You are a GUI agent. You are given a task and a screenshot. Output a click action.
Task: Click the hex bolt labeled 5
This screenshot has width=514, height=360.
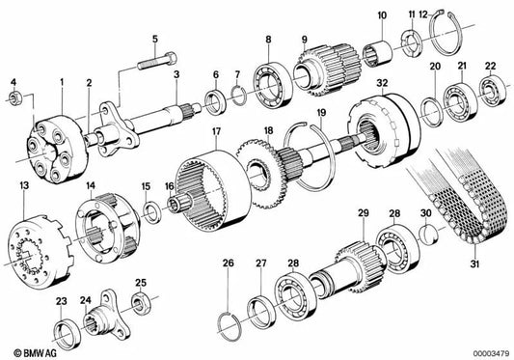[x=157, y=61]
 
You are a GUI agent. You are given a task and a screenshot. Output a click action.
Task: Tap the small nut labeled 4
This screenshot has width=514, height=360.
[x=14, y=97]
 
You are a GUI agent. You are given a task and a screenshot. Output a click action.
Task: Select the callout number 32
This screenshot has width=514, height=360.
[x=382, y=83]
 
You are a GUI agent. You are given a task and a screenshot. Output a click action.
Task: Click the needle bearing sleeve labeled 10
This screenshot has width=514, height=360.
[x=378, y=53]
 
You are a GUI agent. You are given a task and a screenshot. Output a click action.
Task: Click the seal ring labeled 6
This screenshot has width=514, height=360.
[x=215, y=100]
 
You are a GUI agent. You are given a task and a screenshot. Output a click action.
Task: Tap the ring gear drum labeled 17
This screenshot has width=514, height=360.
[x=213, y=190]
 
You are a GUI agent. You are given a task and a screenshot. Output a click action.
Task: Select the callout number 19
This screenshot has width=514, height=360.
[x=322, y=113]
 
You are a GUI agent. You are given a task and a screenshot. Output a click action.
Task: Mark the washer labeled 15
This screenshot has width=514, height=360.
[x=151, y=212]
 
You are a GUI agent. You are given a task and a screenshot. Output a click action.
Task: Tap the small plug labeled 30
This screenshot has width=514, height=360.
[x=429, y=235]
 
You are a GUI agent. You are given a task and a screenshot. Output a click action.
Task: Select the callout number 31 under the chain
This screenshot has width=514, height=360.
[x=475, y=263]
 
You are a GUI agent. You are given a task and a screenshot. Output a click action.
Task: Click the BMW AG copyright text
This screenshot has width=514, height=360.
[x=35, y=353]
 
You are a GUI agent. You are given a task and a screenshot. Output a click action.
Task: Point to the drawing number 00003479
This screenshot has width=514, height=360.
[x=491, y=354]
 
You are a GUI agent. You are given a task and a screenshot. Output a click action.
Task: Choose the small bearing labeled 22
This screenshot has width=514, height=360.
[x=492, y=91]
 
